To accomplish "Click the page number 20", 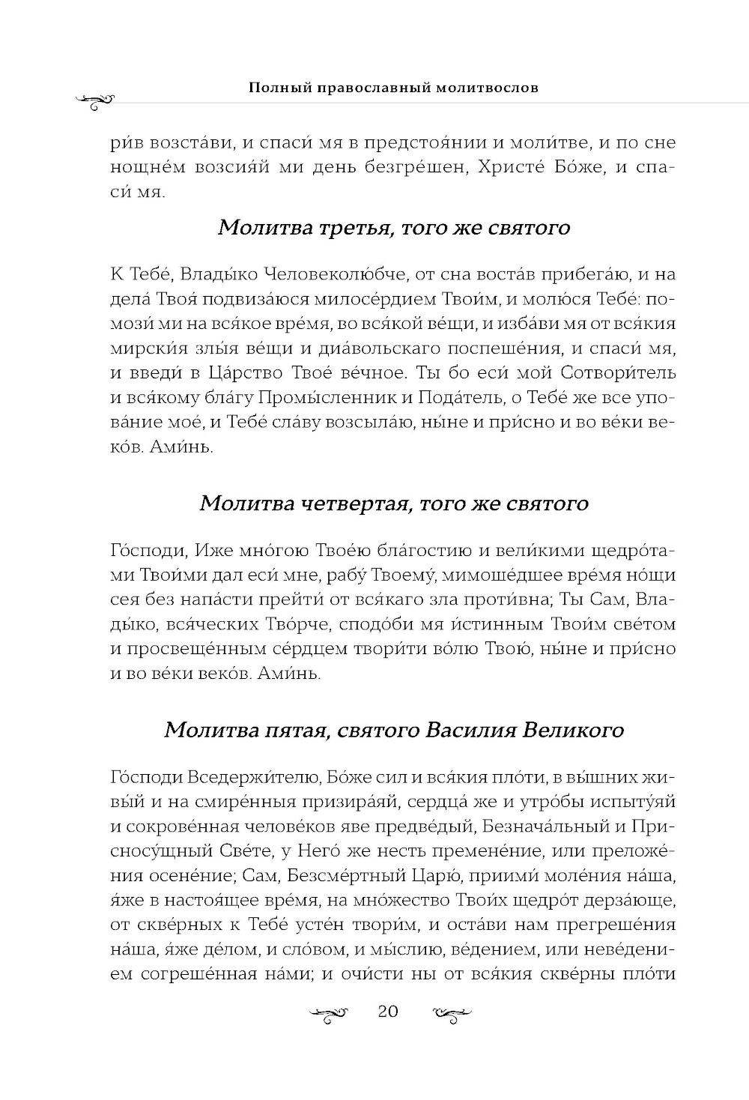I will [387, 1012].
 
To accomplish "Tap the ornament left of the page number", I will [330, 1014].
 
